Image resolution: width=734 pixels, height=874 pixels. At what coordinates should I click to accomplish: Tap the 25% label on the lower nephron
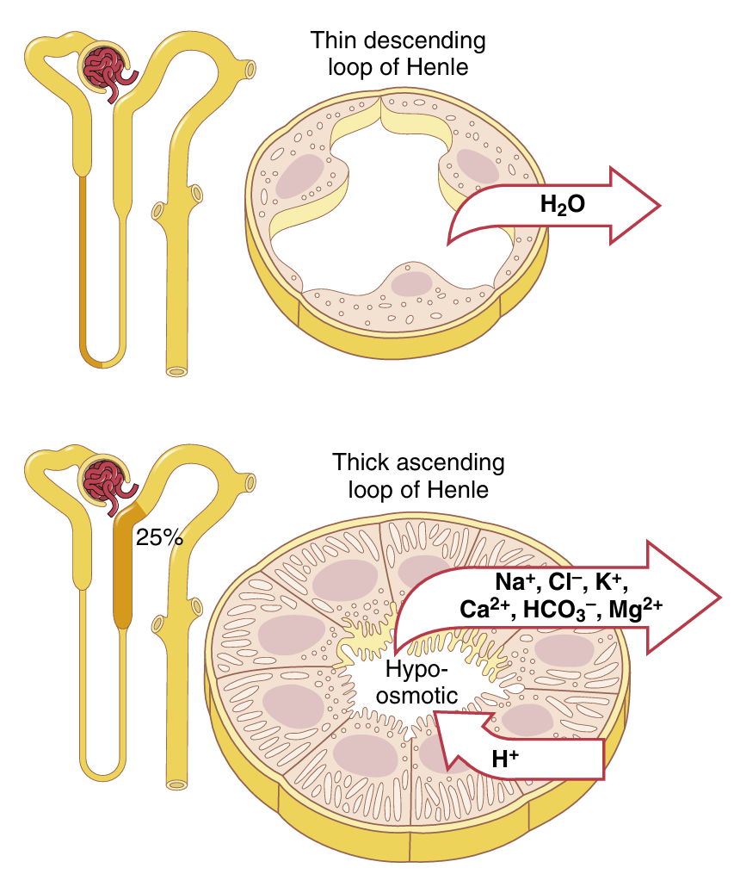point(159,537)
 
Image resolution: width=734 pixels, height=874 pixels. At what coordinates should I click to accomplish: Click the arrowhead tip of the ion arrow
point(719,596)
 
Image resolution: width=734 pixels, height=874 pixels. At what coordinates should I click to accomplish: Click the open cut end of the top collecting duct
point(176,371)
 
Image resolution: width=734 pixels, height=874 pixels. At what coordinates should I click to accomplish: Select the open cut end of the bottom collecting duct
point(176,784)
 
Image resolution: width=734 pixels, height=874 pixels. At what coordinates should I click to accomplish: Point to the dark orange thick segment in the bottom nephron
point(126,568)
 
